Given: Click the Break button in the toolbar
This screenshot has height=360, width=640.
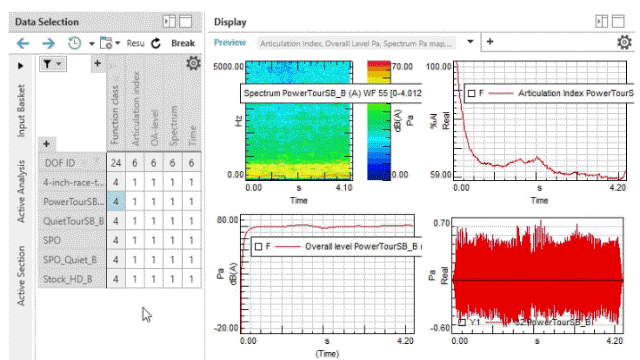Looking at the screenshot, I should [182, 43].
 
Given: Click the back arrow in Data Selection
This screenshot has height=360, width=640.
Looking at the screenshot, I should [23, 43].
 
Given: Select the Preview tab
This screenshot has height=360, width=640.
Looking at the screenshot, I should [230, 43].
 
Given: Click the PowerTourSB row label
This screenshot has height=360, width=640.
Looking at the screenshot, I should [73, 202].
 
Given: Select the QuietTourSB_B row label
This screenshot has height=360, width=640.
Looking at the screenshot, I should [73, 221].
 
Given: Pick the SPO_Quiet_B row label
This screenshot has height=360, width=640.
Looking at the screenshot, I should [73, 259].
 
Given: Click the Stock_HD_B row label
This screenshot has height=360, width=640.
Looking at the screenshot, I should [73, 278].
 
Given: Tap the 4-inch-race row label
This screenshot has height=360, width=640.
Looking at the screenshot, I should [73, 183].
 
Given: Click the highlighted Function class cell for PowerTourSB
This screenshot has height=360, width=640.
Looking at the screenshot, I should [116, 202].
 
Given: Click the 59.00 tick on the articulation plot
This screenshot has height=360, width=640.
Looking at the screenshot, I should [438, 173].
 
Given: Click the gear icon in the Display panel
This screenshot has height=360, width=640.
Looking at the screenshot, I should [624, 43].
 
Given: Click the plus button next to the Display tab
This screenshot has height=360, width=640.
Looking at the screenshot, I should [491, 42].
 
